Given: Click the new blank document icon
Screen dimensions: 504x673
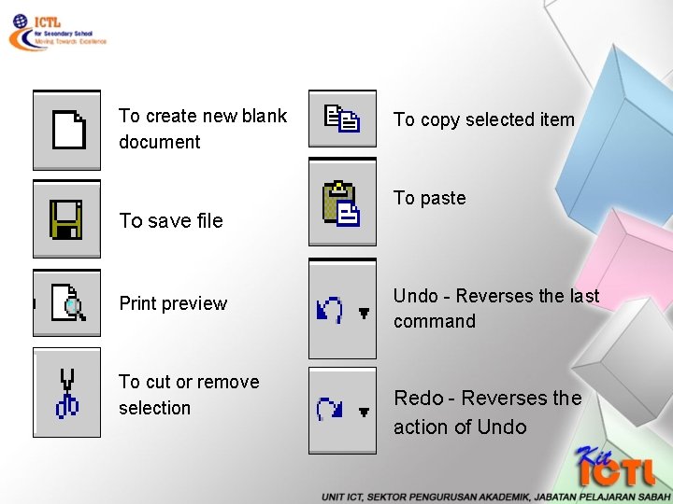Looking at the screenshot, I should (x=68, y=130).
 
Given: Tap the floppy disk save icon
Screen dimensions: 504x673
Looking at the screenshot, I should (x=65, y=219).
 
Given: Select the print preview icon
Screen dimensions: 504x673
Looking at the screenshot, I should (x=68, y=303).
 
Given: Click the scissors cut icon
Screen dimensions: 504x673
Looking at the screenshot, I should (x=67, y=393).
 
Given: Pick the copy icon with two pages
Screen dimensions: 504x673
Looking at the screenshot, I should (x=341, y=119).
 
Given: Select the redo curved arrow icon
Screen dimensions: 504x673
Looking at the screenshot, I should (x=330, y=409).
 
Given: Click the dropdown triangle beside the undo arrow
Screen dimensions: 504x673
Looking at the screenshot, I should (x=364, y=315).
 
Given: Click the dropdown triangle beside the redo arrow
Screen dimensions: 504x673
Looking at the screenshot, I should (x=364, y=412).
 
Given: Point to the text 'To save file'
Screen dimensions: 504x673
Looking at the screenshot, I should (x=171, y=220).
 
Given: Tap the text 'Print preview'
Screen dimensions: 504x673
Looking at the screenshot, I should (x=173, y=303).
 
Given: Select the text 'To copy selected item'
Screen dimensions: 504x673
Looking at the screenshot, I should (x=483, y=119).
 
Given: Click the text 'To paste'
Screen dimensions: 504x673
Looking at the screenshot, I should (x=429, y=198).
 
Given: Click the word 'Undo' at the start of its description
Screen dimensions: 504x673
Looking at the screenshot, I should (x=415, y=296).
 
